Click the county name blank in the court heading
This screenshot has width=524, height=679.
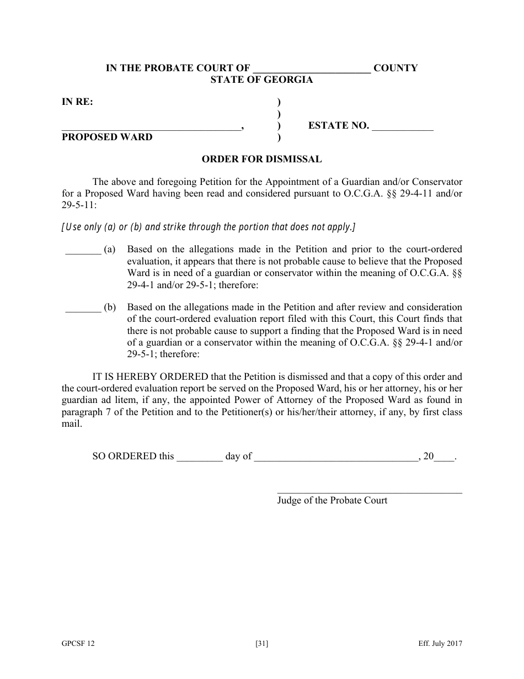(312, 70)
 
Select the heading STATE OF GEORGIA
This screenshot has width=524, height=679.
(261, 80)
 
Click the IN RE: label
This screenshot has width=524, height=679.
(77, 102)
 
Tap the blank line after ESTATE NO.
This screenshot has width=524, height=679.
(403, 128)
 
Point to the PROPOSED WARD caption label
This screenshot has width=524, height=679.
(107, 137)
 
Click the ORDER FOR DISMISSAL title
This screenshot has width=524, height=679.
(261, 160)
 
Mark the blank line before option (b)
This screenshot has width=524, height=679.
(83, 309)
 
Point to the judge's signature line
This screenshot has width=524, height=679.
(370, 491)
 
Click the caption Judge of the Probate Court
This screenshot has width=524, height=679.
(332, 501)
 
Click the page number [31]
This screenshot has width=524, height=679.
(262, 644)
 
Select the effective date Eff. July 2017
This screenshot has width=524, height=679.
(440, 644)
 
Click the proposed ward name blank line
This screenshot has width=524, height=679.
(151, 128)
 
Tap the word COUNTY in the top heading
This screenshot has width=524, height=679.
(395, 68)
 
